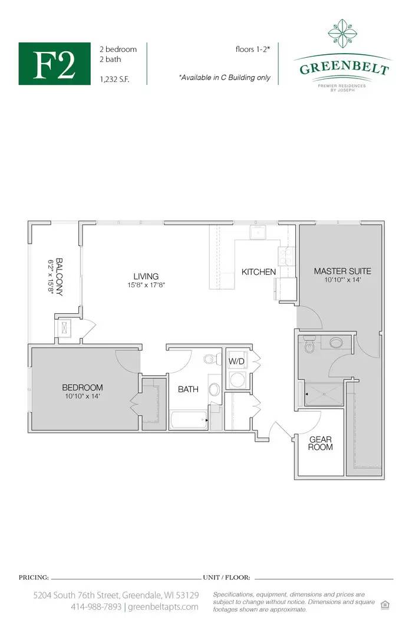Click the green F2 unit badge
(54, 64)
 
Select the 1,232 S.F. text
(114, 80)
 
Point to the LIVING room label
(146, 276)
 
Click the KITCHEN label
(259, 272)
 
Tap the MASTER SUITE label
(342, 271)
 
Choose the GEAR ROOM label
(320, 443)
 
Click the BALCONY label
(60, 277)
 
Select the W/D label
(236, 361)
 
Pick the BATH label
(189, 389)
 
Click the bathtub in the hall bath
(189, 420)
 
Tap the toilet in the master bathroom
(309, 345)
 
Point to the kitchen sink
(258, 233)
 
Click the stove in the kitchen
(286, 257)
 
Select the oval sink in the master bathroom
(336, 343)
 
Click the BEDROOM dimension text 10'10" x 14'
(83, 396)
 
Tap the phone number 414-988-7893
(96, 607)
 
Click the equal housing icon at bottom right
(385, 605)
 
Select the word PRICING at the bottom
(34, 577)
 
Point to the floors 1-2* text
(253, 49)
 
